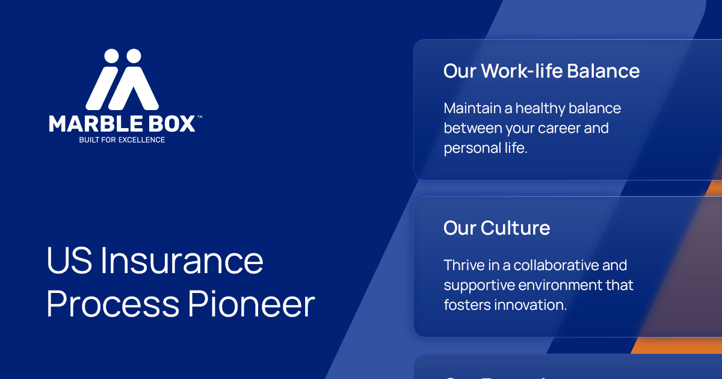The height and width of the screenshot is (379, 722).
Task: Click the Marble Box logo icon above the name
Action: (x=122, y=80)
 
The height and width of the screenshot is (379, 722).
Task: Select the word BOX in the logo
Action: (x=173, y=124)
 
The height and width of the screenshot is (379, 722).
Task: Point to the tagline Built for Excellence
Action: (x=122, y=140)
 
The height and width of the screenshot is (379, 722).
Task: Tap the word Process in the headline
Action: (x=113, y=304)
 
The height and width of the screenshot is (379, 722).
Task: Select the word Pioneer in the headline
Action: (x=251, y=304)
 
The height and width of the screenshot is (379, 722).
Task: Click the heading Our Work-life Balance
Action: (x=541, y=71)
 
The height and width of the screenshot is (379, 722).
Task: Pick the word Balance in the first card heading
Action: (x=603, y=71)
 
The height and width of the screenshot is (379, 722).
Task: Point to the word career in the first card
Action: (x=554, y=128)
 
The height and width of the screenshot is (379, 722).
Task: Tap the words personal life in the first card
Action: (x=486, y=148)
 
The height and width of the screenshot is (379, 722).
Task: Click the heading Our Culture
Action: (x=496, y=228)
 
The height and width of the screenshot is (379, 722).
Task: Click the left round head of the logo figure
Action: (x=111, y=56)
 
